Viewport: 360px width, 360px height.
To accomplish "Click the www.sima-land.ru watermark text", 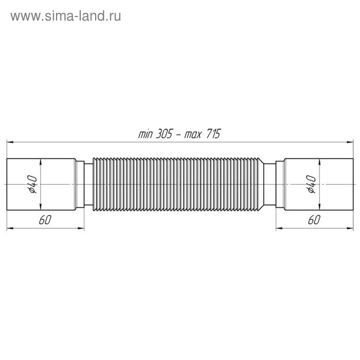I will pyautogui.click(x=66, y=16).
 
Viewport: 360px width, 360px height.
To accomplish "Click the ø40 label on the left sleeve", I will pyautogui.click(x=31, y=184).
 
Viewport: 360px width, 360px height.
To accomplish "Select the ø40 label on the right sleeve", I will pyautogui.click(x=312, y=184).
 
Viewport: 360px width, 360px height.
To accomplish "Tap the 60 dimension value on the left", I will pyautogui.click(x=44, y=220).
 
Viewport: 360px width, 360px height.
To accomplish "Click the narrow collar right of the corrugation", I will pyautogui.click(x=271, y=184).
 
